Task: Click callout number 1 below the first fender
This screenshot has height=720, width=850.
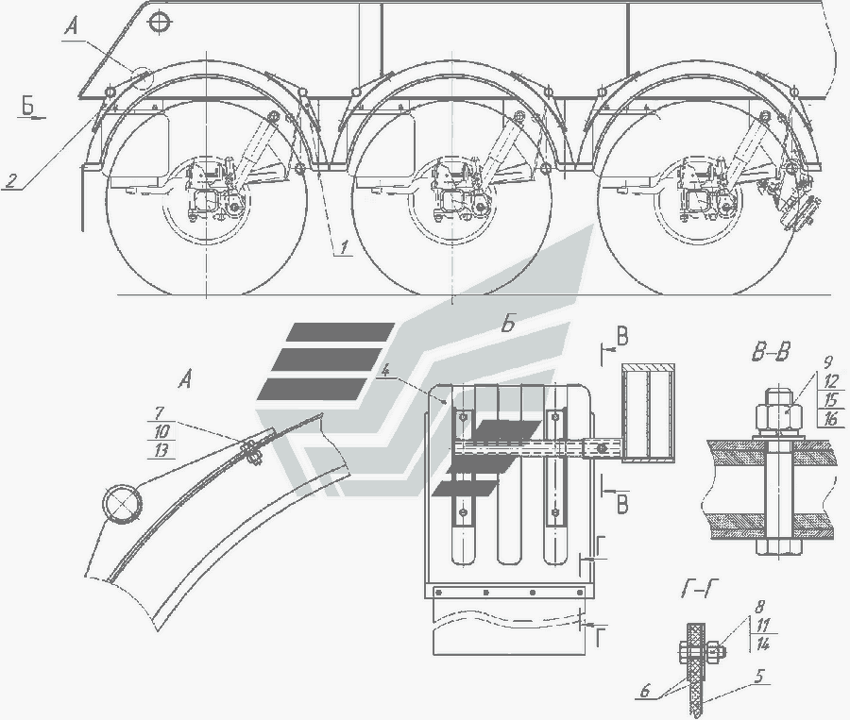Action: pos(344,247)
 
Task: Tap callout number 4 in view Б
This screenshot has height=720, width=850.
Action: pos(385,371)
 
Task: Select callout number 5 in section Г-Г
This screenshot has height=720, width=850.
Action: pos(759,676)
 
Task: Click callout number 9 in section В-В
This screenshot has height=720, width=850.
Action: pos(827,362)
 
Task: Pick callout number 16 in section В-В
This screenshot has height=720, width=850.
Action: pos(829,418)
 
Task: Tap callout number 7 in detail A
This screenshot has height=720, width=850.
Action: pos(159,413)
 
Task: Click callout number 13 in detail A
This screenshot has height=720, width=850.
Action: pos(161,450)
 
